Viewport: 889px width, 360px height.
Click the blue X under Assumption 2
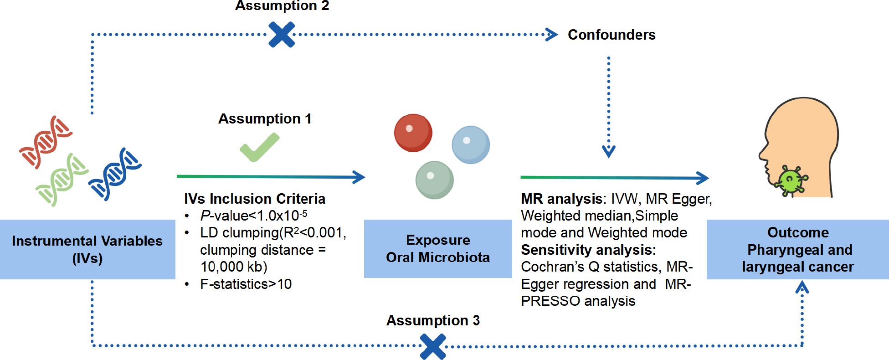click(281, 35)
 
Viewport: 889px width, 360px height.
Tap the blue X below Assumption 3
click(433, 346)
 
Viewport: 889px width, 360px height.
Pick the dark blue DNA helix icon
click(114, 174)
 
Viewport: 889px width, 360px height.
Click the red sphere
click(413, 133)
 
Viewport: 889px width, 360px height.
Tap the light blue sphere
click(470, 145)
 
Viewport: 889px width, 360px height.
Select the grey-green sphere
click(434, 180)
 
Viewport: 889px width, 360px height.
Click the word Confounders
click(611, 35)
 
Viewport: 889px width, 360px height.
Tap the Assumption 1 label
click(265, 119)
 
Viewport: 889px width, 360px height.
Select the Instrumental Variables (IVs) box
click(87, 249)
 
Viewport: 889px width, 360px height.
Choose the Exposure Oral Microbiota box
click(437, 249)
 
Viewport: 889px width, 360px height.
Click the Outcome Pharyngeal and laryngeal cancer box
click(797, 249)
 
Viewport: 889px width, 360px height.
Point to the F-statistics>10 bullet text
click(246, 284)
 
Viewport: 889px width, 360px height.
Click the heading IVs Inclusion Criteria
click(254, 199)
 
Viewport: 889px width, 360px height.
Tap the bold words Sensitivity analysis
click(588, 250)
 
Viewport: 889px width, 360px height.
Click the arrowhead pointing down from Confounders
click(608, 151)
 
